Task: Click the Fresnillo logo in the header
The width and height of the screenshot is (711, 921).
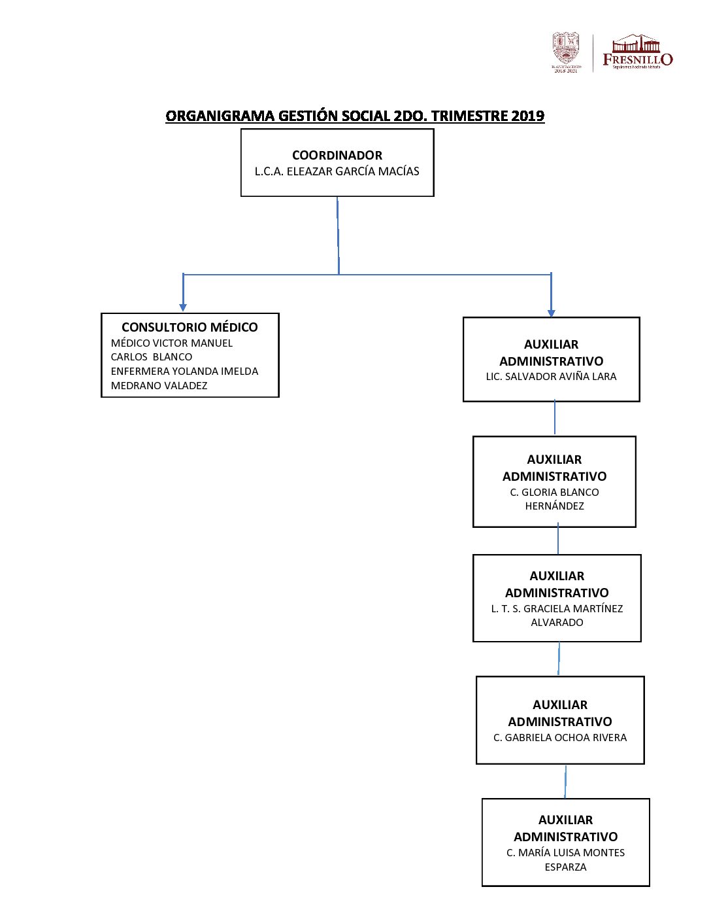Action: pos(637,52)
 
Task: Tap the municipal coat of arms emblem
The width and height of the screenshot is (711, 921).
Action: pos(566,51)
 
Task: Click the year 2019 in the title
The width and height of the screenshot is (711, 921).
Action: pos(527,116)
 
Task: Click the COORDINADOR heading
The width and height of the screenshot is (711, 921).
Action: pos(337,156)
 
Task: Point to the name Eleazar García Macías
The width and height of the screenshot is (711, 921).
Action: pos(337,171)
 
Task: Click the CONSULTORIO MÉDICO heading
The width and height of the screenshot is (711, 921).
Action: pos(190,327)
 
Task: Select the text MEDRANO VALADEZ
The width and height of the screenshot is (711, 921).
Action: pos(159,386)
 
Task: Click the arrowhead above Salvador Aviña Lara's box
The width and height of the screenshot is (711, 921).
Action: pos(551,312)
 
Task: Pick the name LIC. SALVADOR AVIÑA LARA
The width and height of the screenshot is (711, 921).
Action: pos(551,377)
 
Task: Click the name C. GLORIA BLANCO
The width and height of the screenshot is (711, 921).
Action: pos(554,493)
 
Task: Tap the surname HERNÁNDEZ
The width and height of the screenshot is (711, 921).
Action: pos(554,506)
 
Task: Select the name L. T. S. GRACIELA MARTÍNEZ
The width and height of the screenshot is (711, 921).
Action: pos(557,609)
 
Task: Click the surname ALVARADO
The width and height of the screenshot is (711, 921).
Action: pos(557,623)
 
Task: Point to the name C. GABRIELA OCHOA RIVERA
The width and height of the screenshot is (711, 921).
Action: pos(560,738)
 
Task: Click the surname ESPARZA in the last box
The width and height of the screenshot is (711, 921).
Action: pos(565,867)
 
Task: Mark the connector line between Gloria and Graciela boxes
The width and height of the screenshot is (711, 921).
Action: pos(558,540)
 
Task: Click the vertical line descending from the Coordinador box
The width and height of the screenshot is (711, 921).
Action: pos(338,235)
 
